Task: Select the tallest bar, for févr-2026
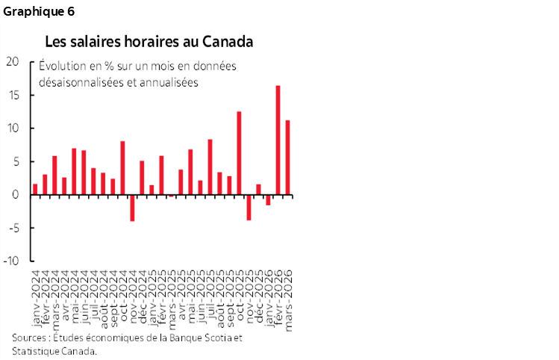click(278, 140)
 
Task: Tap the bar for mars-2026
click(287, 158)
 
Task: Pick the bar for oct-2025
click(239, 153)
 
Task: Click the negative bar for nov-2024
click(132, 208)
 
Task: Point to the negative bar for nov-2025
click(249, 208)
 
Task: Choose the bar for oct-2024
click(122, 168)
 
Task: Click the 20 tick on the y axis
click(13, 61)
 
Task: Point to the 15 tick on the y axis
click(13, 95)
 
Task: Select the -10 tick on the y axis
click(11, 261)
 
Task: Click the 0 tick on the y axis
click(16, 195)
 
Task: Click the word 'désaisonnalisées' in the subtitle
click(77, 82)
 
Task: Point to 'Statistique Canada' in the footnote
click(54, 351)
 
